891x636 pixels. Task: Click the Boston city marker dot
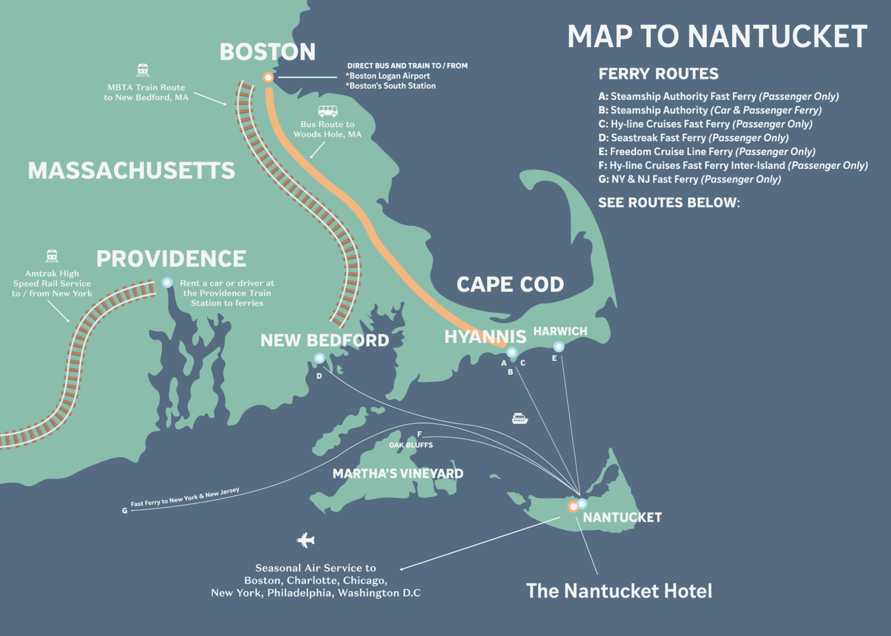(268, 77)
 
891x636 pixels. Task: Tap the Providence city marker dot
(167, 283)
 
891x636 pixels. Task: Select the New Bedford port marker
(319, 358)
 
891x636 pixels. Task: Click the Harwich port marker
(559, 346)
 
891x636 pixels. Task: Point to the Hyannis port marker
(512, 352)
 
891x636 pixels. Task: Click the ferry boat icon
(520, 418)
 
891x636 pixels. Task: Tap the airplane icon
(306, 540)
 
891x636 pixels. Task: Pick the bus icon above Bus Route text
(328, 111)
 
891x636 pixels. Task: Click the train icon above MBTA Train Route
(143, 70)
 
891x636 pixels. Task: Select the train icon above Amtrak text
(52, 256)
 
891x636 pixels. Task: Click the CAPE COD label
(510, 284)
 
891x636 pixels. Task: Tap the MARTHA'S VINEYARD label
(398, 474)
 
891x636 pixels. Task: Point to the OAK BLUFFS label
(411, 445)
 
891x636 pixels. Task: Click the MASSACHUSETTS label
(132, 171)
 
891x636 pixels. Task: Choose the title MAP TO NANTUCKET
(717, 37)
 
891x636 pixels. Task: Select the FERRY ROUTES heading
(658, 74)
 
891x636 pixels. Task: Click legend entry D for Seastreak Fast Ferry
(693, 138)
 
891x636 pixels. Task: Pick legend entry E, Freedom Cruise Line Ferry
(707, 151)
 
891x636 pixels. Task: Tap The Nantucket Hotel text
(619, 591)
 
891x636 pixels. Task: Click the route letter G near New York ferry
(125, 511)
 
